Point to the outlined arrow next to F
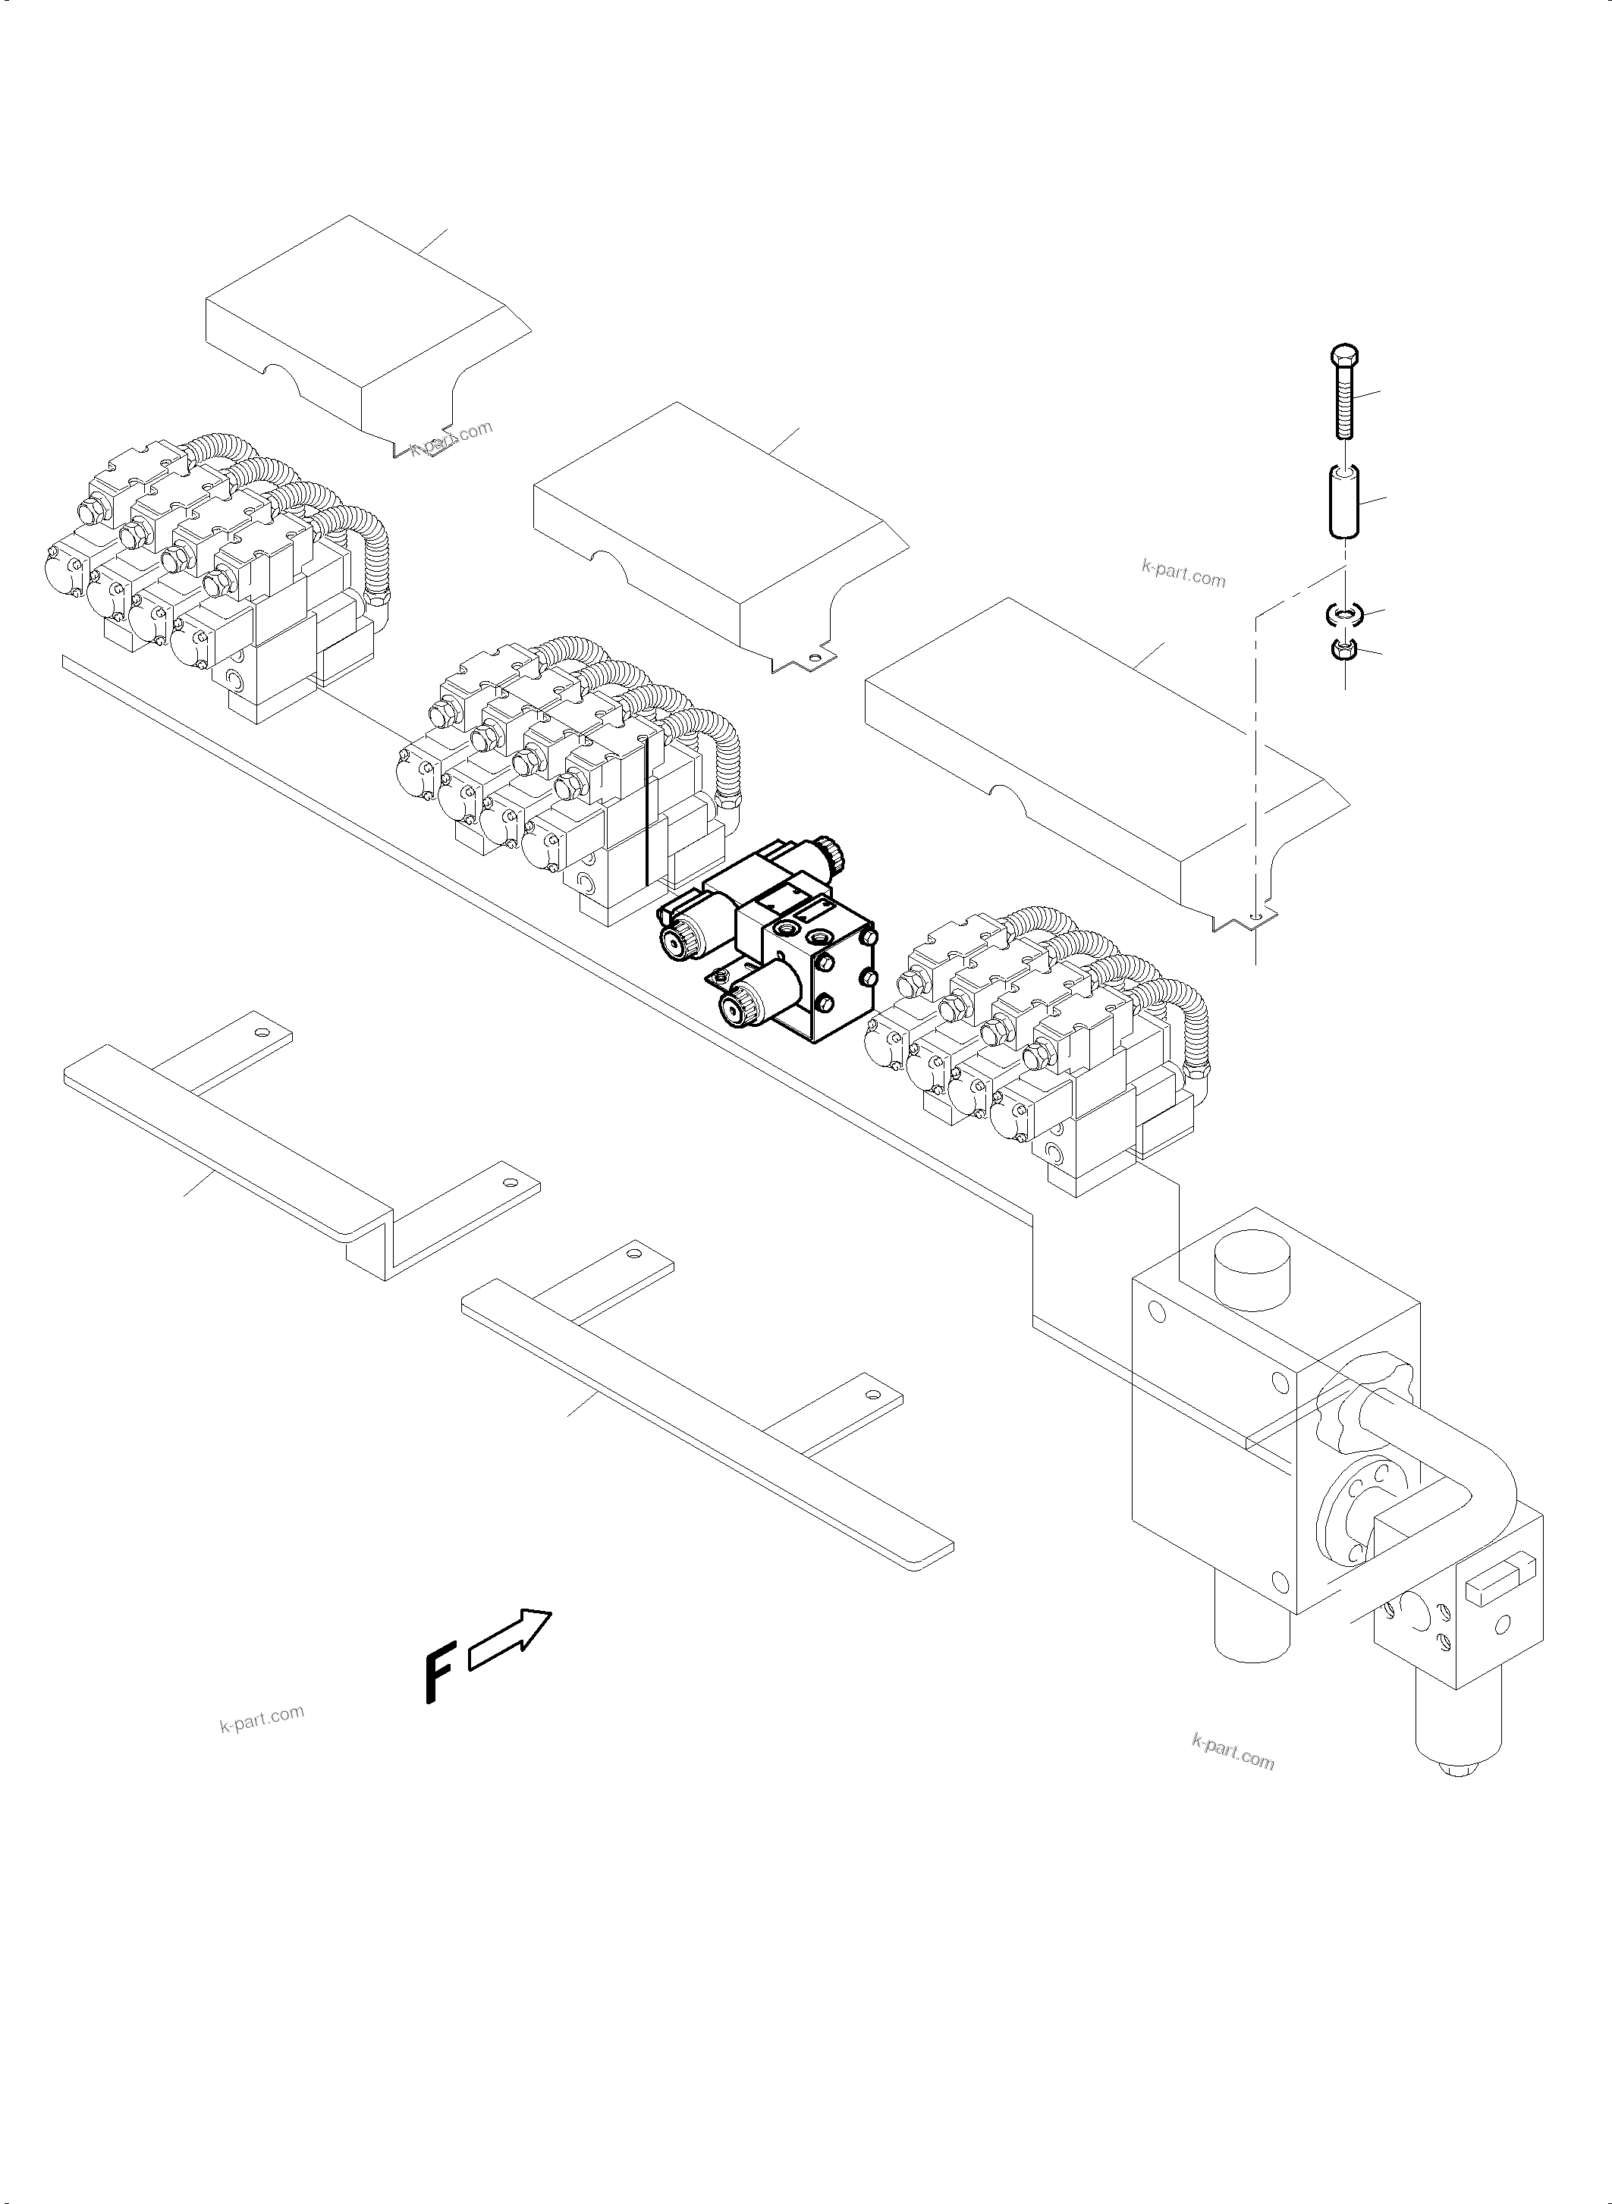tap(511, 1635)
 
